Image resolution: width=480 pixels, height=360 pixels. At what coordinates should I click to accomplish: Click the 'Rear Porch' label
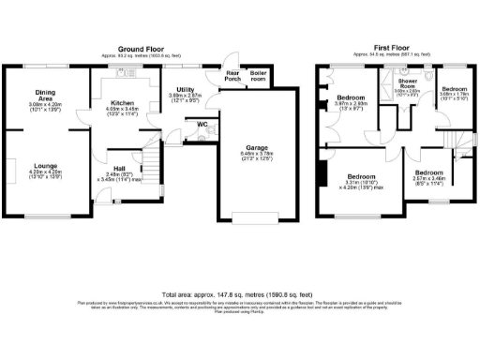(232, 76)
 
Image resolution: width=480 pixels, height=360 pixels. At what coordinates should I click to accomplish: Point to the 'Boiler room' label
(258, 76)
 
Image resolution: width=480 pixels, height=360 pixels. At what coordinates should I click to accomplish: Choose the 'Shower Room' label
(407, 83)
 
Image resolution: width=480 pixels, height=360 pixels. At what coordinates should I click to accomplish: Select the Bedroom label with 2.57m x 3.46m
(429, 172)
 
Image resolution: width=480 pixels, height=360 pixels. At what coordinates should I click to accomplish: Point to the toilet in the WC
(212, 128)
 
